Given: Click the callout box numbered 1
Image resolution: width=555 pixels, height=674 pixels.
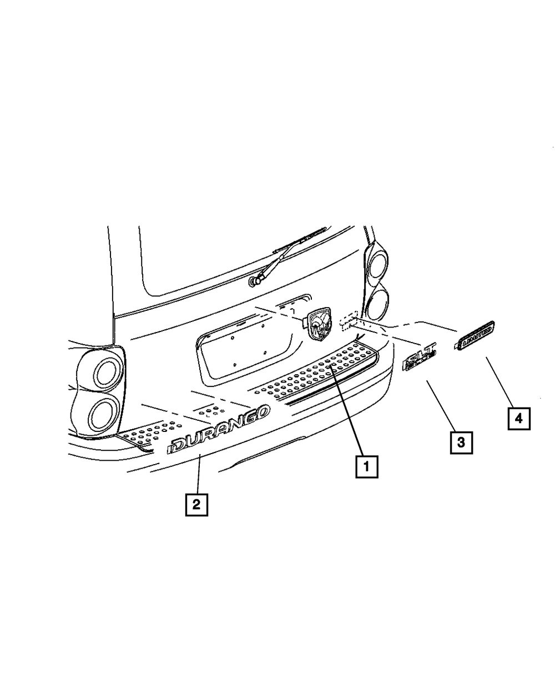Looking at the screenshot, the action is coord(367,467).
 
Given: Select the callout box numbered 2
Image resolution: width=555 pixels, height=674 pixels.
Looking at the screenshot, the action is coord(196,505).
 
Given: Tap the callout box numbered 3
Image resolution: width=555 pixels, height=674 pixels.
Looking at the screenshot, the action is coord(461,442).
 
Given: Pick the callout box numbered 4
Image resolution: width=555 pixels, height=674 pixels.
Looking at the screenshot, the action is coord(519,419).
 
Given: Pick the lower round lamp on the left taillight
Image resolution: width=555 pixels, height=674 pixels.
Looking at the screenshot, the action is coord(103,415).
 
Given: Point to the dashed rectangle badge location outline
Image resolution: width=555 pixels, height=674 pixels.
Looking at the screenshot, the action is coord(349,321).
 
